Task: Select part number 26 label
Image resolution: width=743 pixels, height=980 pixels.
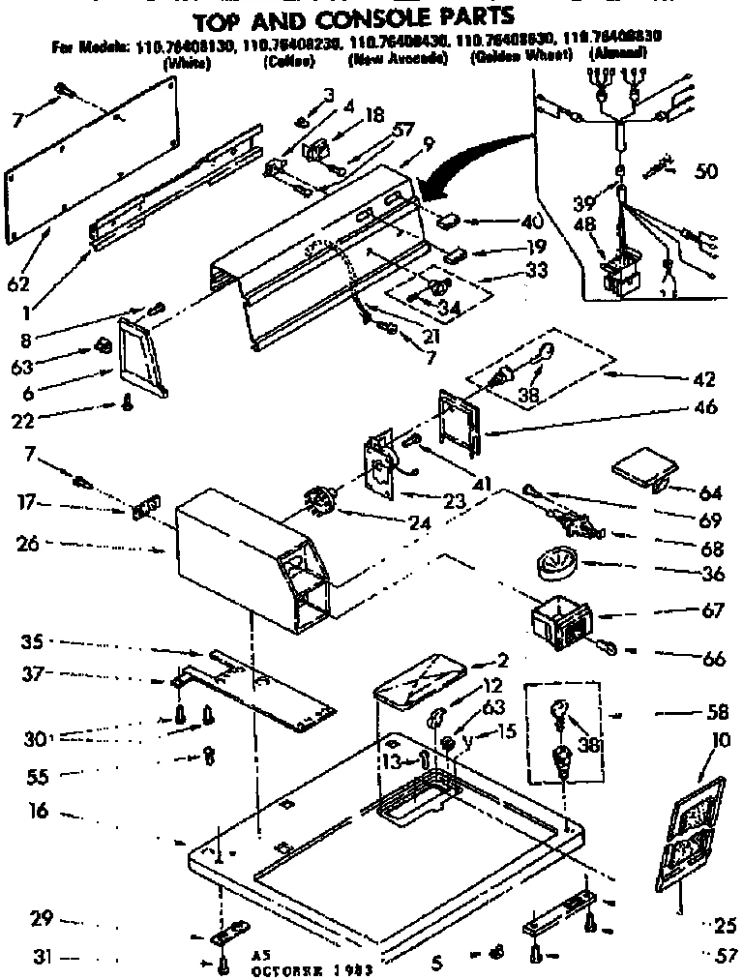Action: point(27,545)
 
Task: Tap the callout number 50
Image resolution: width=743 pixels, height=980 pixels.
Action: point(707,172)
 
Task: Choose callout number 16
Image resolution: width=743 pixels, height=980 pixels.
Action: point(39,813)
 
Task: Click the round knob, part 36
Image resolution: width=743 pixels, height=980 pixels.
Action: point(552,562)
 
